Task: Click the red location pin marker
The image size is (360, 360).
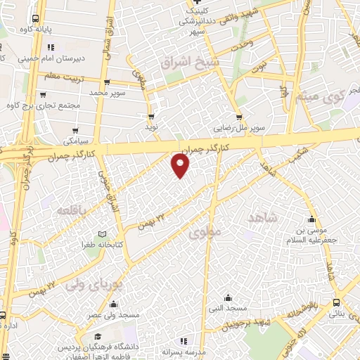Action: pos(181,165)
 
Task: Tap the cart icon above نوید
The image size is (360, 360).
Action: pos(150,117)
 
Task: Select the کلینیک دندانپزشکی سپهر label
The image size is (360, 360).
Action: pos(195,21)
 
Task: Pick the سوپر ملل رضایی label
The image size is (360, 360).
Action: pos(240,129)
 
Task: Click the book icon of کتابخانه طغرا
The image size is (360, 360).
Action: pos(103,234)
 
